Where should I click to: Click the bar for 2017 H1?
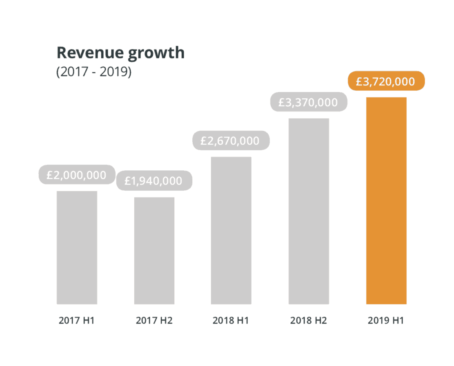[77, 248]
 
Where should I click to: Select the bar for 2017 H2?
[154, 251]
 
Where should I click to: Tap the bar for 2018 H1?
[231, 230]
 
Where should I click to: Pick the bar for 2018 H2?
[309, 211]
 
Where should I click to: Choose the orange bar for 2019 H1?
[386, 201]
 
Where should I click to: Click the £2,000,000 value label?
[76, 175]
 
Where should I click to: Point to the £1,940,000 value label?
[154, 181]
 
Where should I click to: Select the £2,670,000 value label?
[231, 141]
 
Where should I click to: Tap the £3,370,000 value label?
[309, 103]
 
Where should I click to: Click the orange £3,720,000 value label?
[386, 81]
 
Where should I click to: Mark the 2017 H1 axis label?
[77, 320]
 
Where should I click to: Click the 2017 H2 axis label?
[154, 320]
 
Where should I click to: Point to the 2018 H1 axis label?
[231, 320]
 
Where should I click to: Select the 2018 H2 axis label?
[309, 320]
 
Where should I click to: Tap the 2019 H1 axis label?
[386, 320]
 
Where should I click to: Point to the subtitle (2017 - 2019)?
[94, 72]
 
